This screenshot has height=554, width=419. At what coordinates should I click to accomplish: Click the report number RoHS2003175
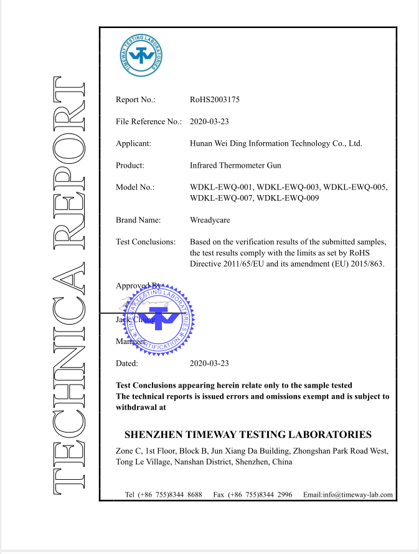pyautogui.click(x=215, y=100)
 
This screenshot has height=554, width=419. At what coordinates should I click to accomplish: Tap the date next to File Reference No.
pyautogui.click(x=209, y=122)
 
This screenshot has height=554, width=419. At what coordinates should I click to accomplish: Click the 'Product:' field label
pyautogui.click(x=129, y=165)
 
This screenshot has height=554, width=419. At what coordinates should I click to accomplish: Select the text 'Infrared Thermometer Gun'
pyautogui.click(x=235, y=165)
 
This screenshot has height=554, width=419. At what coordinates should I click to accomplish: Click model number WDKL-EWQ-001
pyautogui.click(x=221, y=187)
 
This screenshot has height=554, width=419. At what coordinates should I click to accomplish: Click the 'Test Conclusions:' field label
pyautogui.click(x=146, y=241)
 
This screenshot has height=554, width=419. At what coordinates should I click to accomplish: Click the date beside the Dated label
pyautogui.click(x=209, y=363)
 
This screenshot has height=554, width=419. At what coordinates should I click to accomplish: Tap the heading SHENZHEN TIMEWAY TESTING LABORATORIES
pyautogui.click(x=248, y=434)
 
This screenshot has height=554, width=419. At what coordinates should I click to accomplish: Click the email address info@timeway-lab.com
pyautogui.click(x=349, y=495)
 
